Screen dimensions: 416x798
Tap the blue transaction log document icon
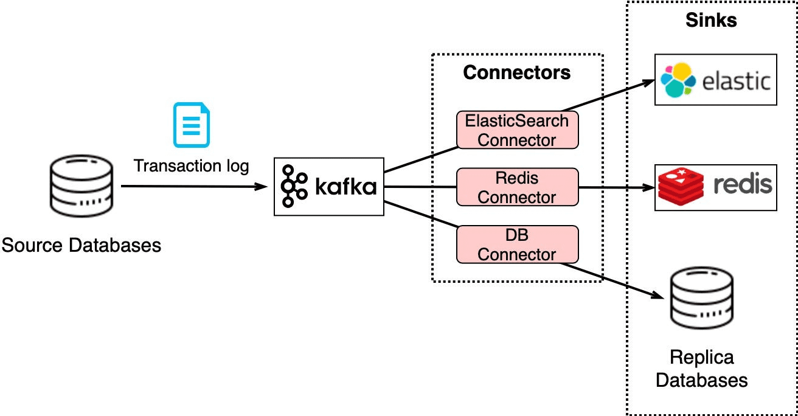(192, 125)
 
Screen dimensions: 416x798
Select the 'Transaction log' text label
(191, 165)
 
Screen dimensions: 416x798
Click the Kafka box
(328, 187)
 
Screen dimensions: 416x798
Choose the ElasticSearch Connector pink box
(516, 130)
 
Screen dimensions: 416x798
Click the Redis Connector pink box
(516, 187)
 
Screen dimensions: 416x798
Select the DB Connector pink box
(516, 244)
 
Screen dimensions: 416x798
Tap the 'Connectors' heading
(516, 73)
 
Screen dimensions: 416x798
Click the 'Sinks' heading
(711, 20)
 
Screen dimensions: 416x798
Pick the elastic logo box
(715, 80)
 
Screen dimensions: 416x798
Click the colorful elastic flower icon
(678, 80)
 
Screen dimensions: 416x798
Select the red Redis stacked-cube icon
(681, 187)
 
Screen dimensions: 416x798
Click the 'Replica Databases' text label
(701, 369)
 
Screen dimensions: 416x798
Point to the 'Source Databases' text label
(82, 246)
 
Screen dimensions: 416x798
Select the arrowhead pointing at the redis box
(648, 187)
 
